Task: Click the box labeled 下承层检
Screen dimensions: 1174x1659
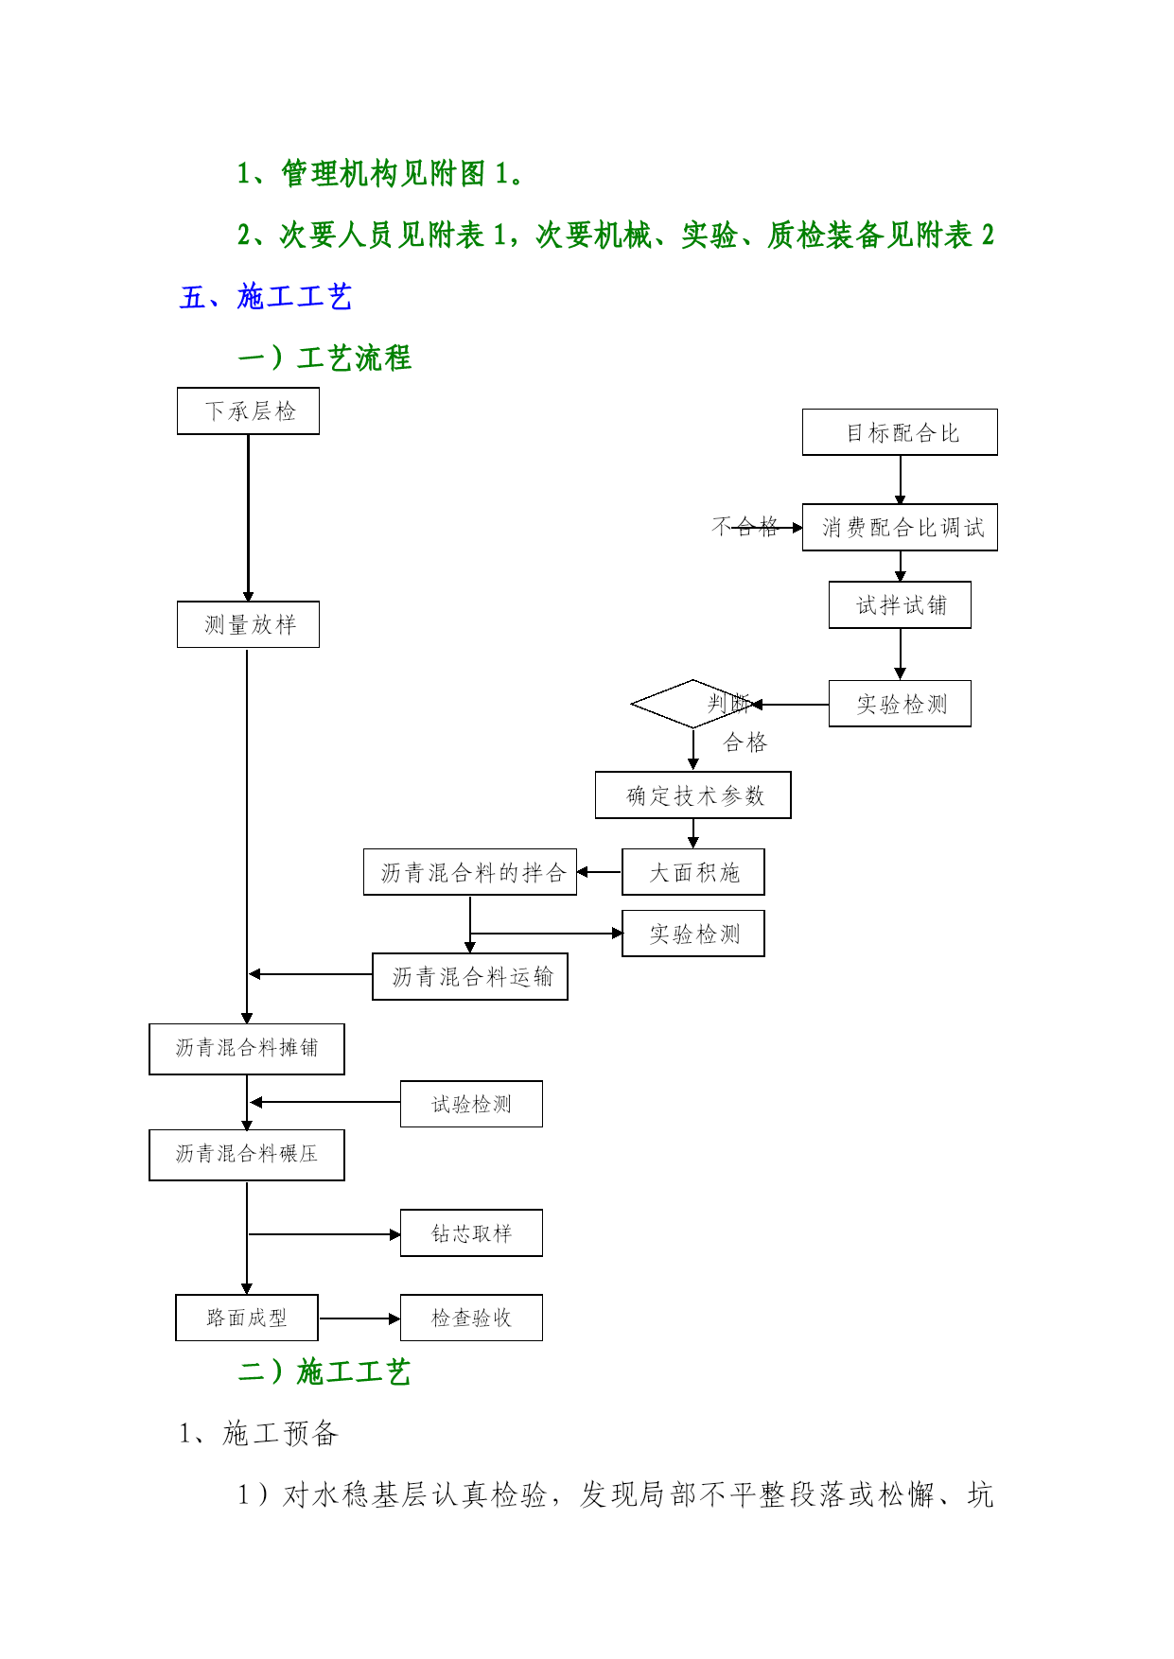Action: (248, 410)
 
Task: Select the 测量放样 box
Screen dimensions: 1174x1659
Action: (248, 624)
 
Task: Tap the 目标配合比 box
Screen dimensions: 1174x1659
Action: (900, 432)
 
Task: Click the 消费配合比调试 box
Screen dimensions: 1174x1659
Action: (900, 527)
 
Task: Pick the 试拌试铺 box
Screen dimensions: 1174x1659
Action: (900, 604)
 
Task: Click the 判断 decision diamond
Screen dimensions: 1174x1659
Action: (693, 704)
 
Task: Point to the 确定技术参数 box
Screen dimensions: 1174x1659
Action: (692, 795)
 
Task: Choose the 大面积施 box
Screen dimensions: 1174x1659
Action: (692, 872)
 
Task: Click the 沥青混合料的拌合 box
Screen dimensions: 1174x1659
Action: (470, 872)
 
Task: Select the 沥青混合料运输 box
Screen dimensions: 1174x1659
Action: (470, 976)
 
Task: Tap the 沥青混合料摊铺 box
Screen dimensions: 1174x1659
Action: (247, 1049)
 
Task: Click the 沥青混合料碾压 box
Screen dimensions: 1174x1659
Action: (247, 1155)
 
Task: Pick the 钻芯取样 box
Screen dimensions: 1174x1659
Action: (471, 1232)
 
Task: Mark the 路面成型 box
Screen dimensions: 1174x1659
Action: (247, 1318)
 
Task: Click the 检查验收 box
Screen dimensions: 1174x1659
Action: (471, 1318)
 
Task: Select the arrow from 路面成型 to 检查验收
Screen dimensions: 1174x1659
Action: (359, 1318)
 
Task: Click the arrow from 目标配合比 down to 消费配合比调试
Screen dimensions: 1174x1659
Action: (900, 480)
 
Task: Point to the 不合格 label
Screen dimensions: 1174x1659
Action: (745, 527)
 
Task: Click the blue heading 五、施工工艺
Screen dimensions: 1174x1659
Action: (266, 297)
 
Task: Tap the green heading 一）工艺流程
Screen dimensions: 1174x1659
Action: (324, 358)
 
